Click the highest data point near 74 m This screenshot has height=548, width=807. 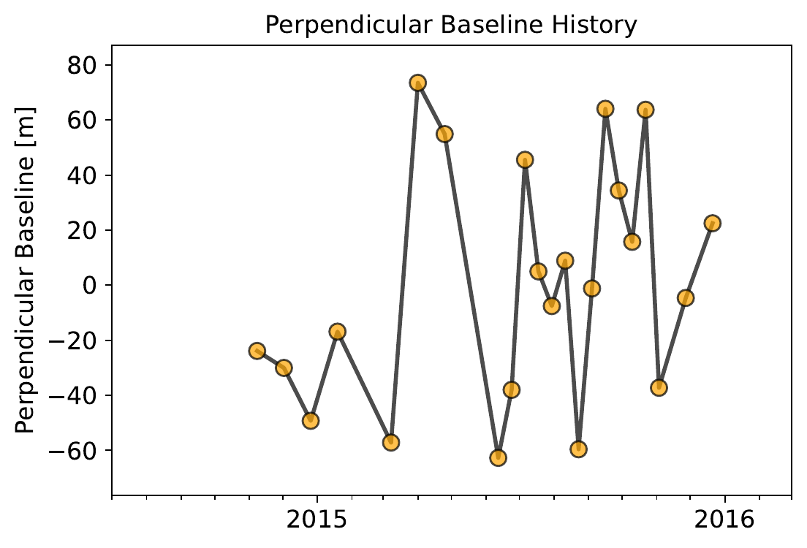417,83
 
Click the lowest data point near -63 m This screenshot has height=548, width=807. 499,457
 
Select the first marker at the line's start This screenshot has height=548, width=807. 257,351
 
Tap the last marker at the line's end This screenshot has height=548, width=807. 713,223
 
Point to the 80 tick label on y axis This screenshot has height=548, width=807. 85,66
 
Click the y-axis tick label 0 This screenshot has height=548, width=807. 92,285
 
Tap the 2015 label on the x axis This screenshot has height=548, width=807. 317,520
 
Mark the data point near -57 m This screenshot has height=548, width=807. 391,442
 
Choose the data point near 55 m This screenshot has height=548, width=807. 444,134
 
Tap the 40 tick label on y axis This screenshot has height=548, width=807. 85,175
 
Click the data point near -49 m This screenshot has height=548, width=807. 311,420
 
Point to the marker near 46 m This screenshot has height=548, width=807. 525,159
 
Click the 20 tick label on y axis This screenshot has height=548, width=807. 85,230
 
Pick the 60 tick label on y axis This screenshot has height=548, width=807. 85,121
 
